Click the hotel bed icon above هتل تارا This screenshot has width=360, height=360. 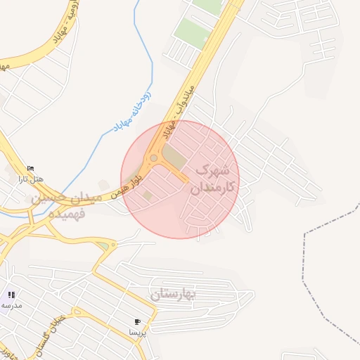pos(30,168)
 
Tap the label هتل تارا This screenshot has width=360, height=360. pos(31,179)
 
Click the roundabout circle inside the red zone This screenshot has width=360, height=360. pos(153,158)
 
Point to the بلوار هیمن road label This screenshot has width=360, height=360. pos(129,186)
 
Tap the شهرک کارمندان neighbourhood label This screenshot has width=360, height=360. pos(212,180)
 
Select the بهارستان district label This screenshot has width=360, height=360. pos(175,292)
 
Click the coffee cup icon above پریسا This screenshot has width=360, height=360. pos(136,321)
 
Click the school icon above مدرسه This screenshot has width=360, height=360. pos(11,294)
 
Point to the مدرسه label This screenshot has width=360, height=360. pos(11,305)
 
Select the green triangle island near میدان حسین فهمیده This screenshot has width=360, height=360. pos(104,245)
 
